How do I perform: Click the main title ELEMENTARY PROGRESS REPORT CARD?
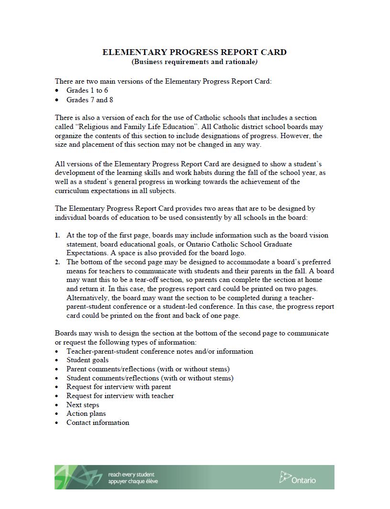[x=194, y=52]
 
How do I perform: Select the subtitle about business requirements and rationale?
[x=194, y=62]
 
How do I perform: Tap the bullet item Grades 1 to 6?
[x=87, y=90]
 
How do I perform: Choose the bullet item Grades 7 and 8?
[x=89, y=100]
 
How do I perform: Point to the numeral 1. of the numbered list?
[x=57, y=235]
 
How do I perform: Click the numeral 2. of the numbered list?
[x=57, y=262]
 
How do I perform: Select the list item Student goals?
[x=88, y=360]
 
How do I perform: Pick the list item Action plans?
[x=86, y=413]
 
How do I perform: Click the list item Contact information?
[x=98, y=422]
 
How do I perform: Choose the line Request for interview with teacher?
[x=120, y=396]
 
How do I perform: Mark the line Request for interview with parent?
[x=119, y=387]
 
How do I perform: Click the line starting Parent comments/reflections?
[x=148, y=369]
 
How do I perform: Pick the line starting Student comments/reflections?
[x=150, y=378]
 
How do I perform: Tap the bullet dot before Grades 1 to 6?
[x=57, y=91]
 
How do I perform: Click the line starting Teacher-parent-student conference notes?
[x=160, y=351]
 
